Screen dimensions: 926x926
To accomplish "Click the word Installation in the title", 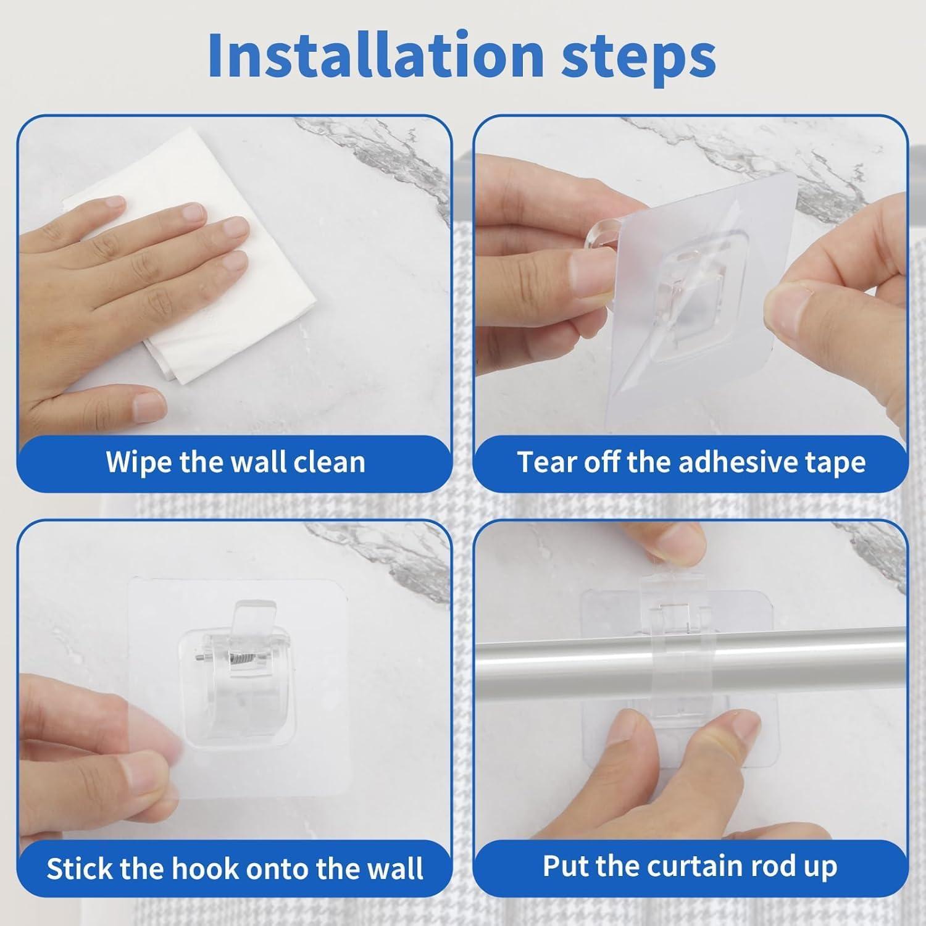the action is coord(375,55).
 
